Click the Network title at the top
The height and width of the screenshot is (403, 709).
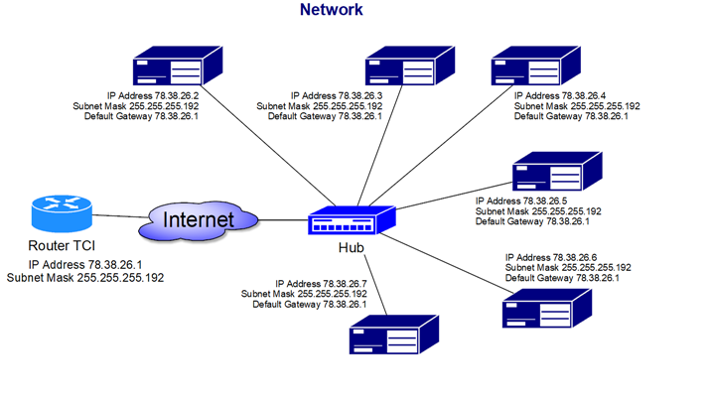(332, 10)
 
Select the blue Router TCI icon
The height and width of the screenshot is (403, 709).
(62, 214)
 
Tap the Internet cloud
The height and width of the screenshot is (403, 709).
(199, 219)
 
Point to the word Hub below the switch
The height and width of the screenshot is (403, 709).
(352, 248)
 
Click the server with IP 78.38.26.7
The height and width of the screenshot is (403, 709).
(393, 335)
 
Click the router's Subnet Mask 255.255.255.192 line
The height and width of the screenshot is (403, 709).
(85, 279)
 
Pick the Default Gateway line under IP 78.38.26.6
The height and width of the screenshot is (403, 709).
(562, 278)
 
